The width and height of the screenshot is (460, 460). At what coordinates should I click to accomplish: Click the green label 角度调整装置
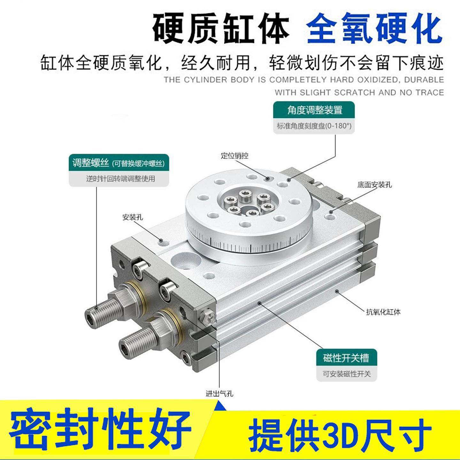pos(314,110)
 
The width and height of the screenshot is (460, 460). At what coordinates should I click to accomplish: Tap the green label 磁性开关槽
pos(346,358)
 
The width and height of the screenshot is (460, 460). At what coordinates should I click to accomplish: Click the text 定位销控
pos(234,156)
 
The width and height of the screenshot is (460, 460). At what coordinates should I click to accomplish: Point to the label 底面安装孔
pos(374,185)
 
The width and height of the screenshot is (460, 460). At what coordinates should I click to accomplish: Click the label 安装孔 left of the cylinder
pos(133,218)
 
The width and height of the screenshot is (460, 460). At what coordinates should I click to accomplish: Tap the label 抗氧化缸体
pos(383,312)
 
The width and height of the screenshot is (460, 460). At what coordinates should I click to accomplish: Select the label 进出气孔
pos(219,394)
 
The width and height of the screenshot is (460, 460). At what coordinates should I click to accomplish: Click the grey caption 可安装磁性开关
pos(347,374)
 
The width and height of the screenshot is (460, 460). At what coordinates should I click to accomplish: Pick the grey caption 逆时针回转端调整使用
pos(120,179)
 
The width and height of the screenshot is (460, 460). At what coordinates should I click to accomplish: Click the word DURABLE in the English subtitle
pos(424,80)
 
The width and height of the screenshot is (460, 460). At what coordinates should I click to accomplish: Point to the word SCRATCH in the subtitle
pos(355,93)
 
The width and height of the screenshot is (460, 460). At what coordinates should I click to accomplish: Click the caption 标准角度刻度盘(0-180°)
pos(314,126)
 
